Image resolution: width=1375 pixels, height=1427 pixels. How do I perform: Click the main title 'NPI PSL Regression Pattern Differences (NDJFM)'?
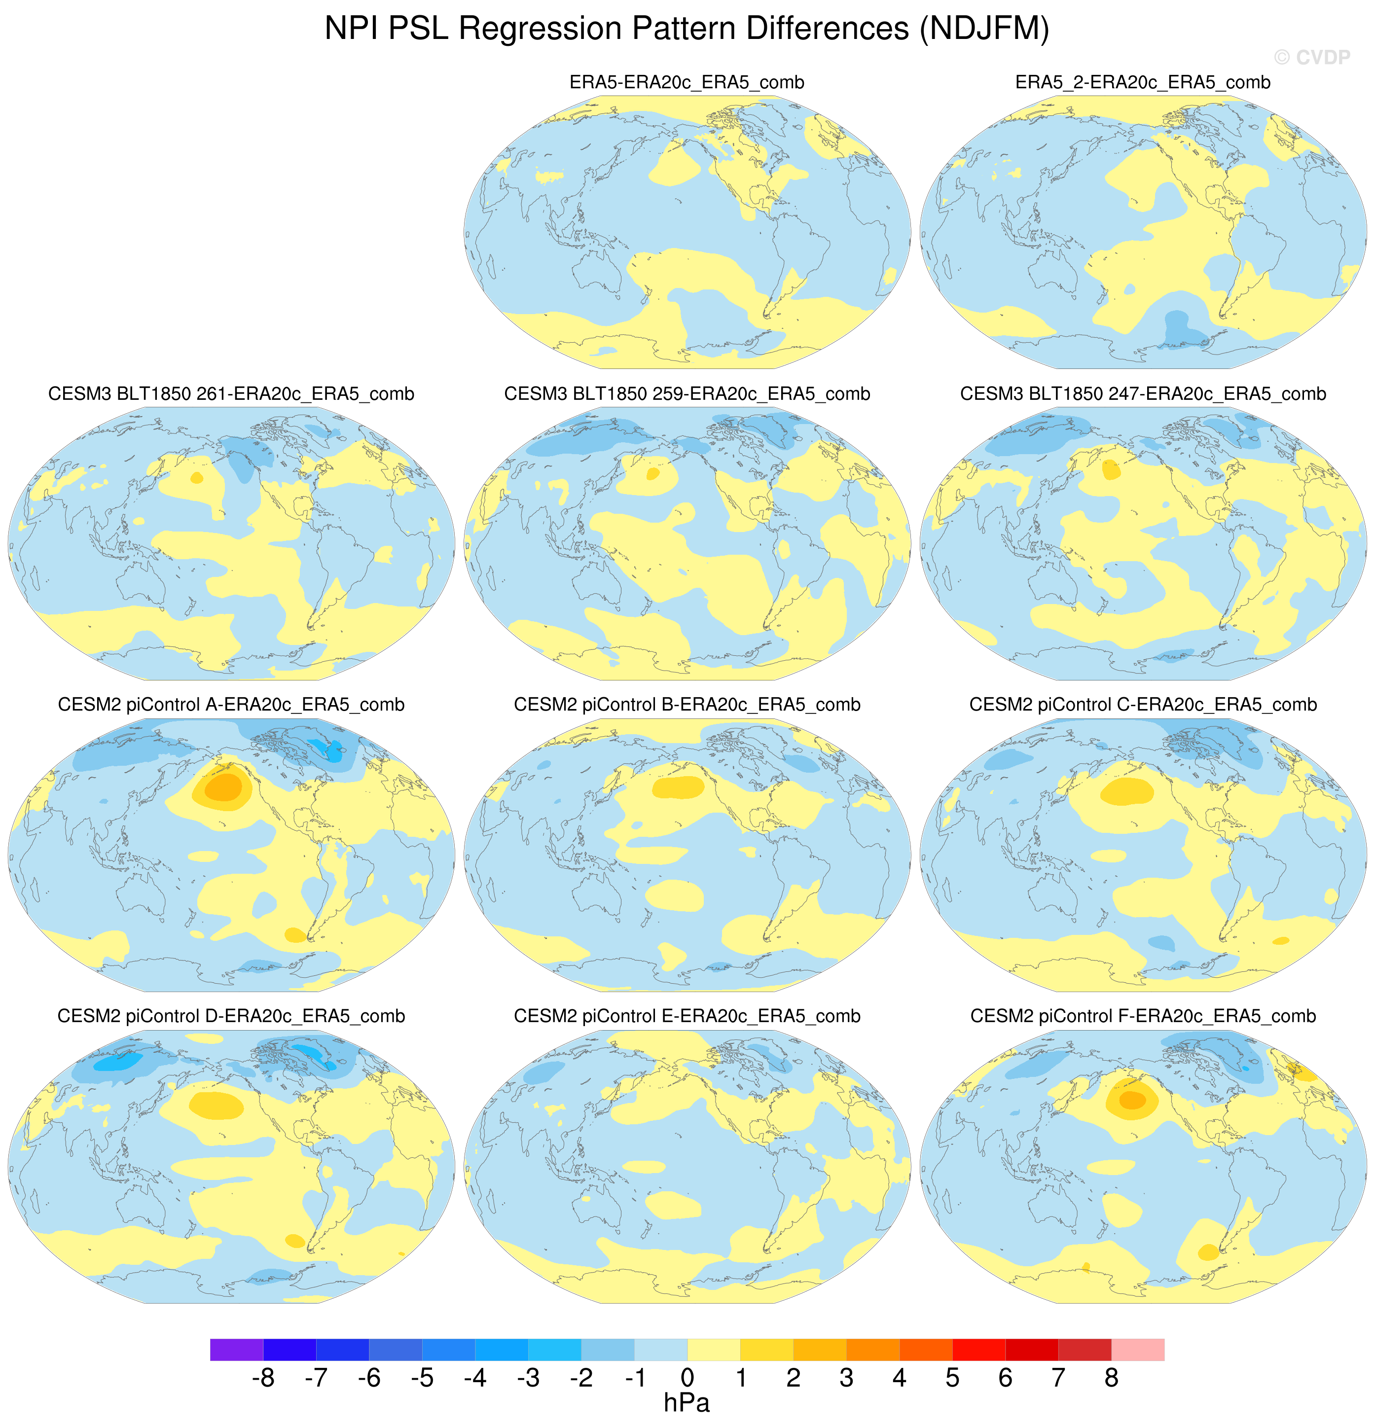[687, 29]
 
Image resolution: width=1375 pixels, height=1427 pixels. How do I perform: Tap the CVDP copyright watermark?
[1312, 58]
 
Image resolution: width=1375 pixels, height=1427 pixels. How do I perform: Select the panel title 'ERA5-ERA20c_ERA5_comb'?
[687, 83]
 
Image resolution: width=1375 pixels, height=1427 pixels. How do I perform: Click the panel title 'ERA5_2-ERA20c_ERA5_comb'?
[1143, 83]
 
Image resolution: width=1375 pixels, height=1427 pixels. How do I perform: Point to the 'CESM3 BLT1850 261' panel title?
[231, 394]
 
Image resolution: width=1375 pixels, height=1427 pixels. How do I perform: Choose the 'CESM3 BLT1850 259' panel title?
[687, 394]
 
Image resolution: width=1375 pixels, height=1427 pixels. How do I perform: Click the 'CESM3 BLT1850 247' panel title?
[1143, 394]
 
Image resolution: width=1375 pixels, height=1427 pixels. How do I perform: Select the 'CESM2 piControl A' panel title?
[231, 705]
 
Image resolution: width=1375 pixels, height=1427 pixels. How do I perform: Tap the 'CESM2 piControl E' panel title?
[687, 1016]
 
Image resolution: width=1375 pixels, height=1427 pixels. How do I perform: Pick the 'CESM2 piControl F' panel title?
[1143, 1016]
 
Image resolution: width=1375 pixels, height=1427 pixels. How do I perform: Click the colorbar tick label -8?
[263, 1378]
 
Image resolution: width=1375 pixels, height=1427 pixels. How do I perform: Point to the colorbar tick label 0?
[687, 1378]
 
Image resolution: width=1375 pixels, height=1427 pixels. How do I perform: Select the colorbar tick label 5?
[952, 1378]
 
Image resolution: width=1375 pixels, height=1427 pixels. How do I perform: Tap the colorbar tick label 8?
[1111, 1378]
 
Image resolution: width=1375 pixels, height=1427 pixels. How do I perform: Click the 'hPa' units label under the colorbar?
[687, 1403]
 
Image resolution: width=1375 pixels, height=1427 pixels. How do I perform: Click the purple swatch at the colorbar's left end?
[237, 1349]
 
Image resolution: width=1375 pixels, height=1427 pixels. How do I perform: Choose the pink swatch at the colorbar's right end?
[1138, 1349]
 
